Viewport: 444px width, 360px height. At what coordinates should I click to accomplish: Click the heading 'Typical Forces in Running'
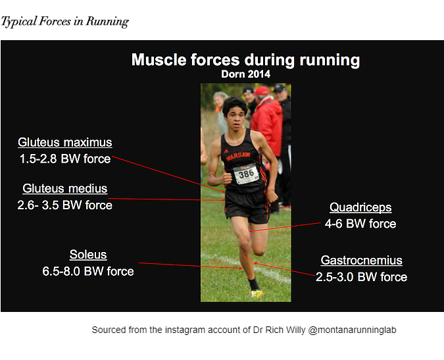tap(65, 22)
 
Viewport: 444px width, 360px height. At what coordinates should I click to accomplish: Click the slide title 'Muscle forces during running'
tap(245, 60)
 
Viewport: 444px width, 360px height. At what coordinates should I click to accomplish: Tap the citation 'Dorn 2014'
tap(245, 74)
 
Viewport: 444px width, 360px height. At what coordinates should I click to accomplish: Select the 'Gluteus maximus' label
tap(65, 142)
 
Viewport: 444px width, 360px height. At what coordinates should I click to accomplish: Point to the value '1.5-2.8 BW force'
tap(65, 159)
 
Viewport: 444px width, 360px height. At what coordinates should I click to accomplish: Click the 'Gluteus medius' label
tap(65, 189)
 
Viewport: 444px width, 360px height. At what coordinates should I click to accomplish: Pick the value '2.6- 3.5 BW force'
tap(65, 205)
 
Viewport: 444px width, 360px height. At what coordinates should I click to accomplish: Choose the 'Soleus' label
tap(88, 255)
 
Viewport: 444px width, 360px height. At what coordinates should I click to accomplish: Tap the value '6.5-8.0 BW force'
tap(88, 271)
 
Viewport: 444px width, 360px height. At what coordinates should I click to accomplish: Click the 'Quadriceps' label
tap(360, 207)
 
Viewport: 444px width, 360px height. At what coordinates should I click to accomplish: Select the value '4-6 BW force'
tap(360, 224)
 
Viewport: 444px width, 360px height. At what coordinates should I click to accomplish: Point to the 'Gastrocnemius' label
tap(361, 261)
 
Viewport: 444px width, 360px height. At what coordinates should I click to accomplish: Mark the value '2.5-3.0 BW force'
tap(361, 277)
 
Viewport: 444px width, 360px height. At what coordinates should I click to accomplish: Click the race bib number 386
tap(246, 174)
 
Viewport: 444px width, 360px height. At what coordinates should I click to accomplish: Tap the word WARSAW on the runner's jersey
tap(238, 156)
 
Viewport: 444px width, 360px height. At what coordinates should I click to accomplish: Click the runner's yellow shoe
tap(257, 294)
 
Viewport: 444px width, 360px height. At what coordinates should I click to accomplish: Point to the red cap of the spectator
tap(262, 91)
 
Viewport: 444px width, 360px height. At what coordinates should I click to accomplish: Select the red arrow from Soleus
tap(190, 266)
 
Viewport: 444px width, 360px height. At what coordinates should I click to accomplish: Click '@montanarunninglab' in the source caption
tap(352, 330)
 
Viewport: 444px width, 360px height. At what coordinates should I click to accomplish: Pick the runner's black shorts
tap(247, 205)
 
